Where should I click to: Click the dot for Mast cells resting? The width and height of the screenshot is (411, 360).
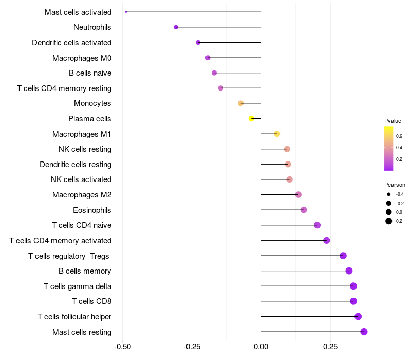point(364,332)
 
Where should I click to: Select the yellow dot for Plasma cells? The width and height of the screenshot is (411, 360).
point(251,119)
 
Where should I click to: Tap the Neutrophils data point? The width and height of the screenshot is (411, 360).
point(176,27)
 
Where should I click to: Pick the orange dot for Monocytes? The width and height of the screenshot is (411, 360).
point(240,103)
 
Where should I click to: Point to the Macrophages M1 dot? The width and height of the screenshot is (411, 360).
point(277,134)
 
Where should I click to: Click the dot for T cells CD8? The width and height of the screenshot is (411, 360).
point(353,301)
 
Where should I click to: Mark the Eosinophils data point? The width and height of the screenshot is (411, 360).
point(304,210)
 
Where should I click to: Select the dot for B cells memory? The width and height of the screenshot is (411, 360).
point(349,271)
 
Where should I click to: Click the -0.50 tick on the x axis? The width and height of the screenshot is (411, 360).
point(122,347)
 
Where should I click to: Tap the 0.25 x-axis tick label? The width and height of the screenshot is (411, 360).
point(330,347)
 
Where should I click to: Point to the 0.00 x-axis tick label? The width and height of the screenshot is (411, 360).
point(261,347)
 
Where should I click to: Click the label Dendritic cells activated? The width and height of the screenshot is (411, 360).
point(71,43)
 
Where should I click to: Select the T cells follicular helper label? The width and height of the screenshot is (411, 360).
point(74,317)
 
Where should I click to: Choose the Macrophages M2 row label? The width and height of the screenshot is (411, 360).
point(82,195)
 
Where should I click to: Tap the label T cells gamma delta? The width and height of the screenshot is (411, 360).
point(78,286)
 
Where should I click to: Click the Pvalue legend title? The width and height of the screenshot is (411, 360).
point(393,121)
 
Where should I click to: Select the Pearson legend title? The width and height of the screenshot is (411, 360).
point(395,185)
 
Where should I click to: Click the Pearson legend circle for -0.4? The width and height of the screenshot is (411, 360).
point(389,194)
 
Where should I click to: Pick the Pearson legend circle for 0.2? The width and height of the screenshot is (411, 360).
point(389,221)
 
